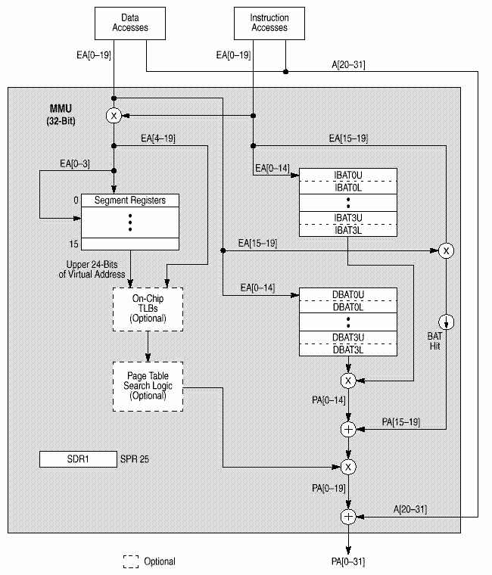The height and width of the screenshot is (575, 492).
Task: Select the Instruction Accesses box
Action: (269, 23)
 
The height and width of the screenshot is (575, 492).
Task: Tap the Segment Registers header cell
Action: (129, 200)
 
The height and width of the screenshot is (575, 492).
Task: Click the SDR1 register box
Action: (76, 459)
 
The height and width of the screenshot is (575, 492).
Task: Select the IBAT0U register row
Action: (347, 174)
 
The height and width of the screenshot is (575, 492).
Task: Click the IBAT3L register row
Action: (347, 229)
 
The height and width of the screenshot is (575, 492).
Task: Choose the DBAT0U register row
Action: (347, 294)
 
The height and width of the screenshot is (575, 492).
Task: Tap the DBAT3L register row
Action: (347, 349)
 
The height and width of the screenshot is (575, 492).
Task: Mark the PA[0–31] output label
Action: (348, 562)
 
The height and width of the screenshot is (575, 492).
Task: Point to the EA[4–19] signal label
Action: (157, 138)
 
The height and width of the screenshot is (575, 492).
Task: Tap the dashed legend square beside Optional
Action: (131, 561)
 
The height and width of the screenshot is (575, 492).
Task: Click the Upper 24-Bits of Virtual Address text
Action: (98, 269)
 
